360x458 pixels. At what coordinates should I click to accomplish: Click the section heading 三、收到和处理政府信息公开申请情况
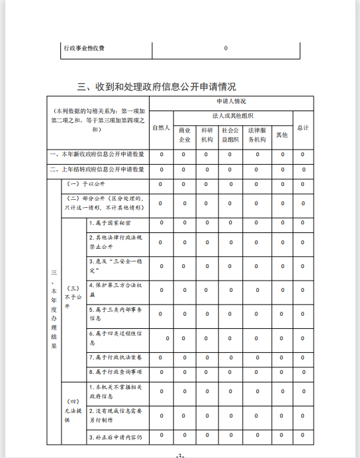tap(157, 86)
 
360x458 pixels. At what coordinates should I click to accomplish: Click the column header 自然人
tap(161, 128)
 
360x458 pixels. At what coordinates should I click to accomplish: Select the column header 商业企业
tap(185, 134)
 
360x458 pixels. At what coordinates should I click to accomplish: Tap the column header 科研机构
tap(207, 134)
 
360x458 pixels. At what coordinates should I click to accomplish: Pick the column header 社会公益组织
tap(230, 134)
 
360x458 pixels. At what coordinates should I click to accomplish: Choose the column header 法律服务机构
tap(257, 134)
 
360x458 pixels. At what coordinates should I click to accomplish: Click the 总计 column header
tap(303, 128)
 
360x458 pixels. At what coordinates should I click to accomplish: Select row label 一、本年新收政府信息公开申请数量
tap(97, 154)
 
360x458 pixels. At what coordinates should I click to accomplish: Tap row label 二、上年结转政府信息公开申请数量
tap(97, 169)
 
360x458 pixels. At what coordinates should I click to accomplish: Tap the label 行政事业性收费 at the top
tap(84, 48)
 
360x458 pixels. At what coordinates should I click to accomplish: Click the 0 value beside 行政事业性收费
tap(226, 48)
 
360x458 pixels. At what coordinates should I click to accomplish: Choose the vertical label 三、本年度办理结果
tap(54, 308)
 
